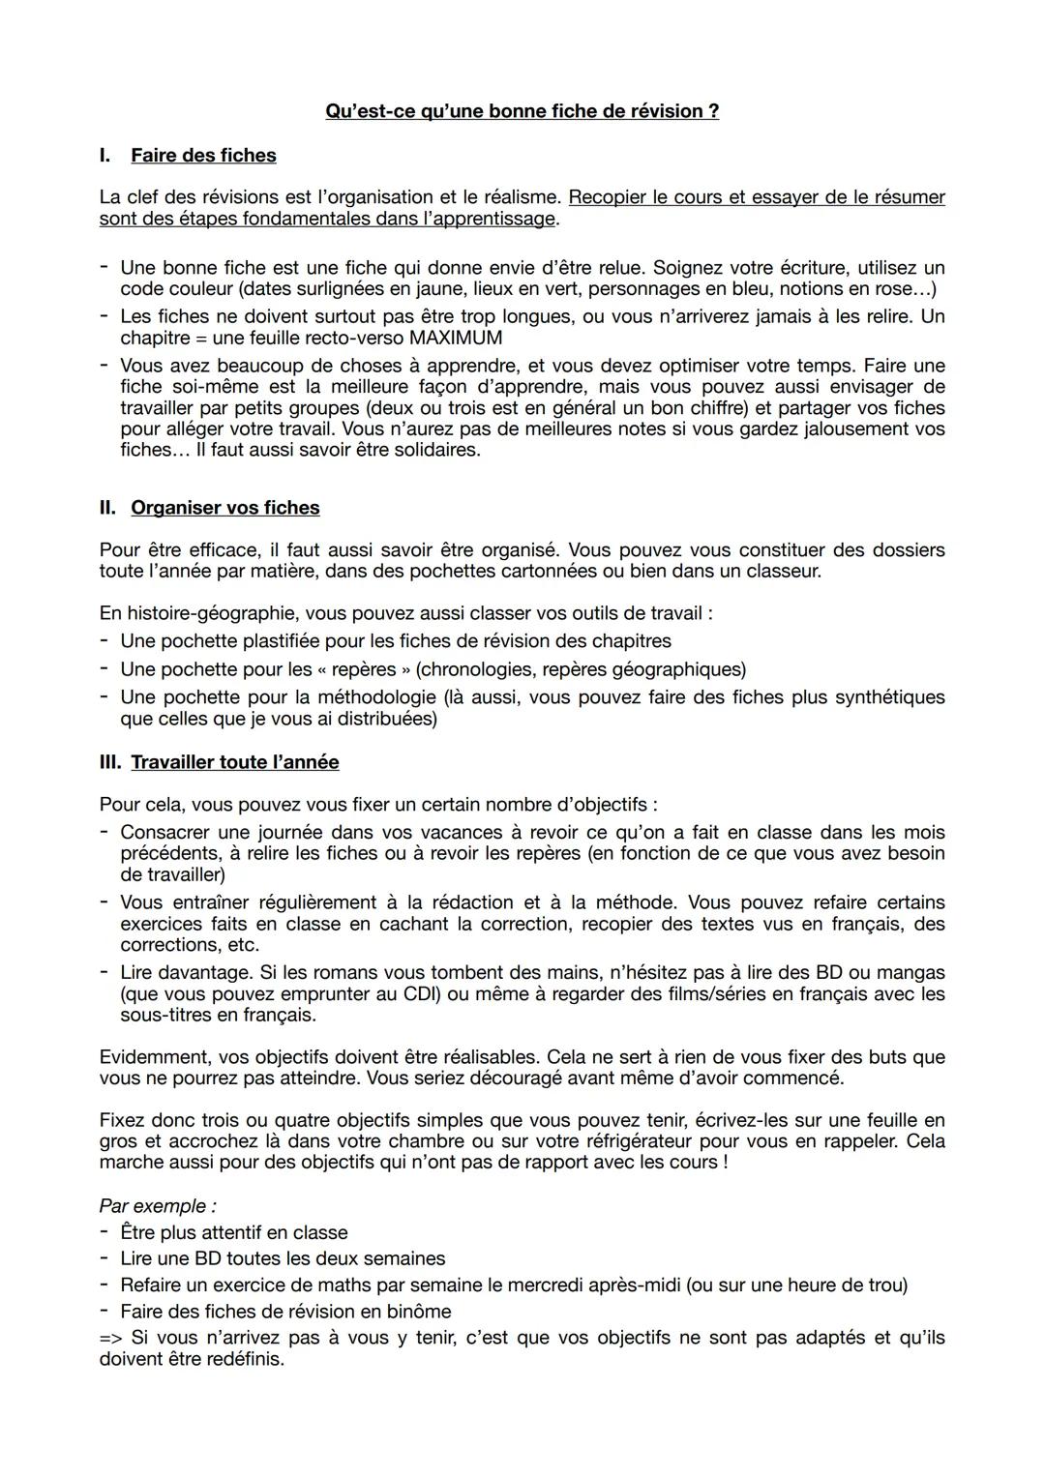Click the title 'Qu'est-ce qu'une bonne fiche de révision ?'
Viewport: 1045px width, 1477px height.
(x=522, y=111)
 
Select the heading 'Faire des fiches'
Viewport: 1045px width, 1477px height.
(x=203, y=156)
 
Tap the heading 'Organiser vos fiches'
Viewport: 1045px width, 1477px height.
(x=224, y=508)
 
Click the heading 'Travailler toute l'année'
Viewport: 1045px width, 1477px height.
(x=235, y=762)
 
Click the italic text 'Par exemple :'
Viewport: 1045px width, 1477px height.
(x=158, y=1206)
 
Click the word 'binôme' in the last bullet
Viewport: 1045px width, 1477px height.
(x=418, y=1311)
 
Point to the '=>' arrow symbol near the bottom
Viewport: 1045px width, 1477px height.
(x=111, y=1338)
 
